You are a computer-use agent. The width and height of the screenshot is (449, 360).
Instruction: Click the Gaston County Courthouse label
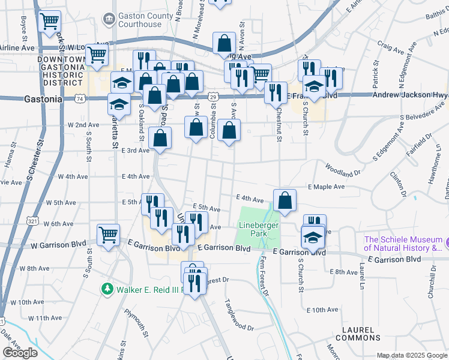(x=139, y=20)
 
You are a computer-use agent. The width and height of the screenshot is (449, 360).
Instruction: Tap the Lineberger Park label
(x=256, y=229)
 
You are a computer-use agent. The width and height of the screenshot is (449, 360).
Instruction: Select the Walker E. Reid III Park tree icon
(x=107, y=289)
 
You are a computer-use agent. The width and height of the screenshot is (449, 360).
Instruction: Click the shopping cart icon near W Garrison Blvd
(x=108, y=235)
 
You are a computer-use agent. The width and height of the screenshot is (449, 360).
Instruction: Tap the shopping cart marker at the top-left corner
(x=49, y=21)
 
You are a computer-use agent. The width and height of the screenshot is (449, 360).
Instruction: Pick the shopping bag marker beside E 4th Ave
(x=285, y=200)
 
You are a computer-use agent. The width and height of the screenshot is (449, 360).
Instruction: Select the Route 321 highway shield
(x=32, y=221)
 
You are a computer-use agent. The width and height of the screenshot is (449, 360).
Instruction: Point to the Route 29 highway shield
(x=213, y=96)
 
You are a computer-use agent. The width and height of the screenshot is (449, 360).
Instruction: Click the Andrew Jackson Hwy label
(x=411, y=95)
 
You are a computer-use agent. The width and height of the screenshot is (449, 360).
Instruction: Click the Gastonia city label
(x=44, y=99)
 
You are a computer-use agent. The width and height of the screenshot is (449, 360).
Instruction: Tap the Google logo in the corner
(x=20, y=353)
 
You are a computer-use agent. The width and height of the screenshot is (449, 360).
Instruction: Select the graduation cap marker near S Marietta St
(x=119, y=104)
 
